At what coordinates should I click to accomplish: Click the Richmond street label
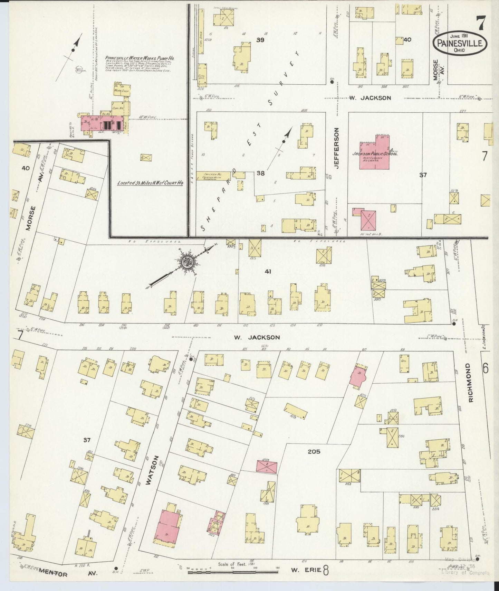pos(471,383)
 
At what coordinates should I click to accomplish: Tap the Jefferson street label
pos(337,148)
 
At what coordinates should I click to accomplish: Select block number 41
pos(268,272)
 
